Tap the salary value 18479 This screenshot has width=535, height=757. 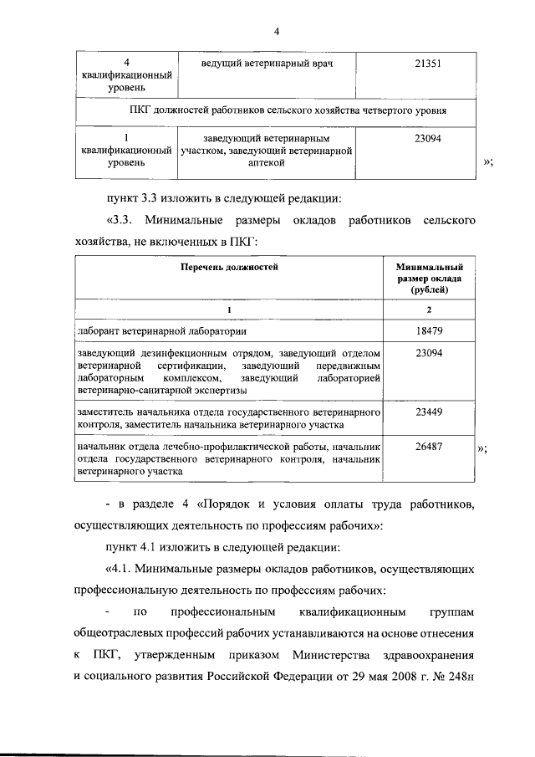point(428,330)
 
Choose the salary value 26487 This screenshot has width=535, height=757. point(428,448)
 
